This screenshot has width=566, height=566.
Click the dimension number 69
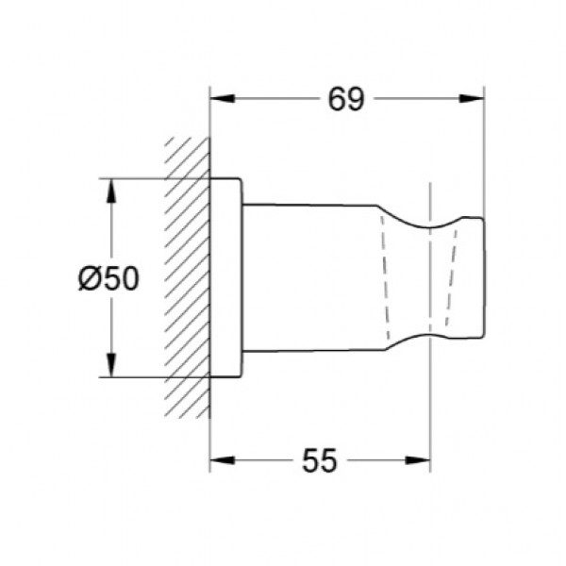pyautogui.click(x=346, y=99)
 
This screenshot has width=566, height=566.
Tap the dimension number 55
pyautogui.click(x=320, y=460)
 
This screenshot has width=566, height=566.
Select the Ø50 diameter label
pyautogui.click(x=108, y=278)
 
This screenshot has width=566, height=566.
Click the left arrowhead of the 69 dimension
pyautogui.click(x=223, y=98)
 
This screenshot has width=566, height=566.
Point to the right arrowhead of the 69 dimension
pyautogui.click(x=471, y=98)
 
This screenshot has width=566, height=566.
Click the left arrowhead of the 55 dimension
pyautogui.click(x=223, y=460)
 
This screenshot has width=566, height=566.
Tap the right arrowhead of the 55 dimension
pyautogui.click(x=418, y=460)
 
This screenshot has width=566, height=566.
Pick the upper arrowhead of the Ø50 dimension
pyautogui.click(x=111, y=191)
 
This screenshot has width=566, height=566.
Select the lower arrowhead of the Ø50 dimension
pyautogui.click(x=111, y=364)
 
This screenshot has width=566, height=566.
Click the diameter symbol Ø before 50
pyautogui.click(x=88, y=278)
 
